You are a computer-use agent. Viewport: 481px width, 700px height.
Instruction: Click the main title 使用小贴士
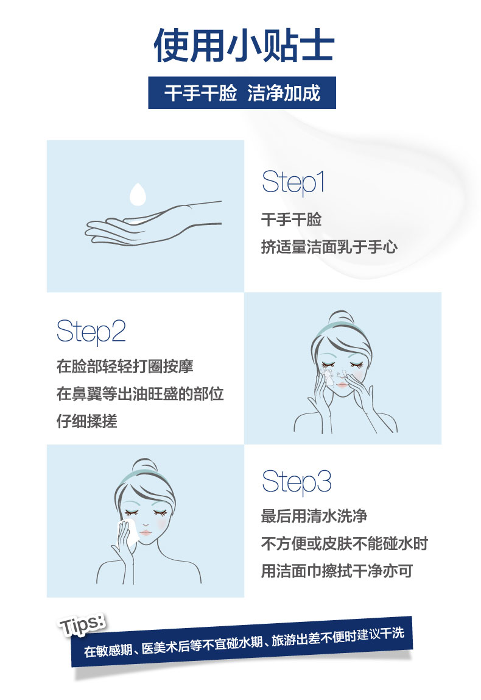244,46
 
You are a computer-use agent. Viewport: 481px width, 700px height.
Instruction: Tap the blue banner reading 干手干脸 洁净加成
242,93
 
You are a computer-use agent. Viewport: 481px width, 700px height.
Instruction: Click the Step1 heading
293,182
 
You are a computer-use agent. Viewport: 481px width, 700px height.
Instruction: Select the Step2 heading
91,332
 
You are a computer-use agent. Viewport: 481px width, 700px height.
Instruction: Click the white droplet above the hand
138,194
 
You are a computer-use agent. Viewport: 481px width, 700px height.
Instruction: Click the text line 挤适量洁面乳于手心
329,247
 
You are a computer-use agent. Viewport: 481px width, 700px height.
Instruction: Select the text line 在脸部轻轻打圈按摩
125,366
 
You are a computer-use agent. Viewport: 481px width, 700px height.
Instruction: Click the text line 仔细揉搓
87,421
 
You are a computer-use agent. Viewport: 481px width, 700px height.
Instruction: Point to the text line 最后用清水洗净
314,516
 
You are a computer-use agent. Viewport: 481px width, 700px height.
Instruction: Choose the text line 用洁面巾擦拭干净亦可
337,571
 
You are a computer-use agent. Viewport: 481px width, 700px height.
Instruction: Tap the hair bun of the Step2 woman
341,318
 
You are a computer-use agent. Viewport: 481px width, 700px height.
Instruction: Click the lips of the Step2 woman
342,385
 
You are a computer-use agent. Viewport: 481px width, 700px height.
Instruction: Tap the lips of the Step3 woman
146,533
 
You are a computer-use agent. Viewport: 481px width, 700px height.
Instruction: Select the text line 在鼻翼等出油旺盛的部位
140,394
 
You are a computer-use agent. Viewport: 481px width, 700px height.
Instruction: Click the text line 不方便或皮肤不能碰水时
345,544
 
